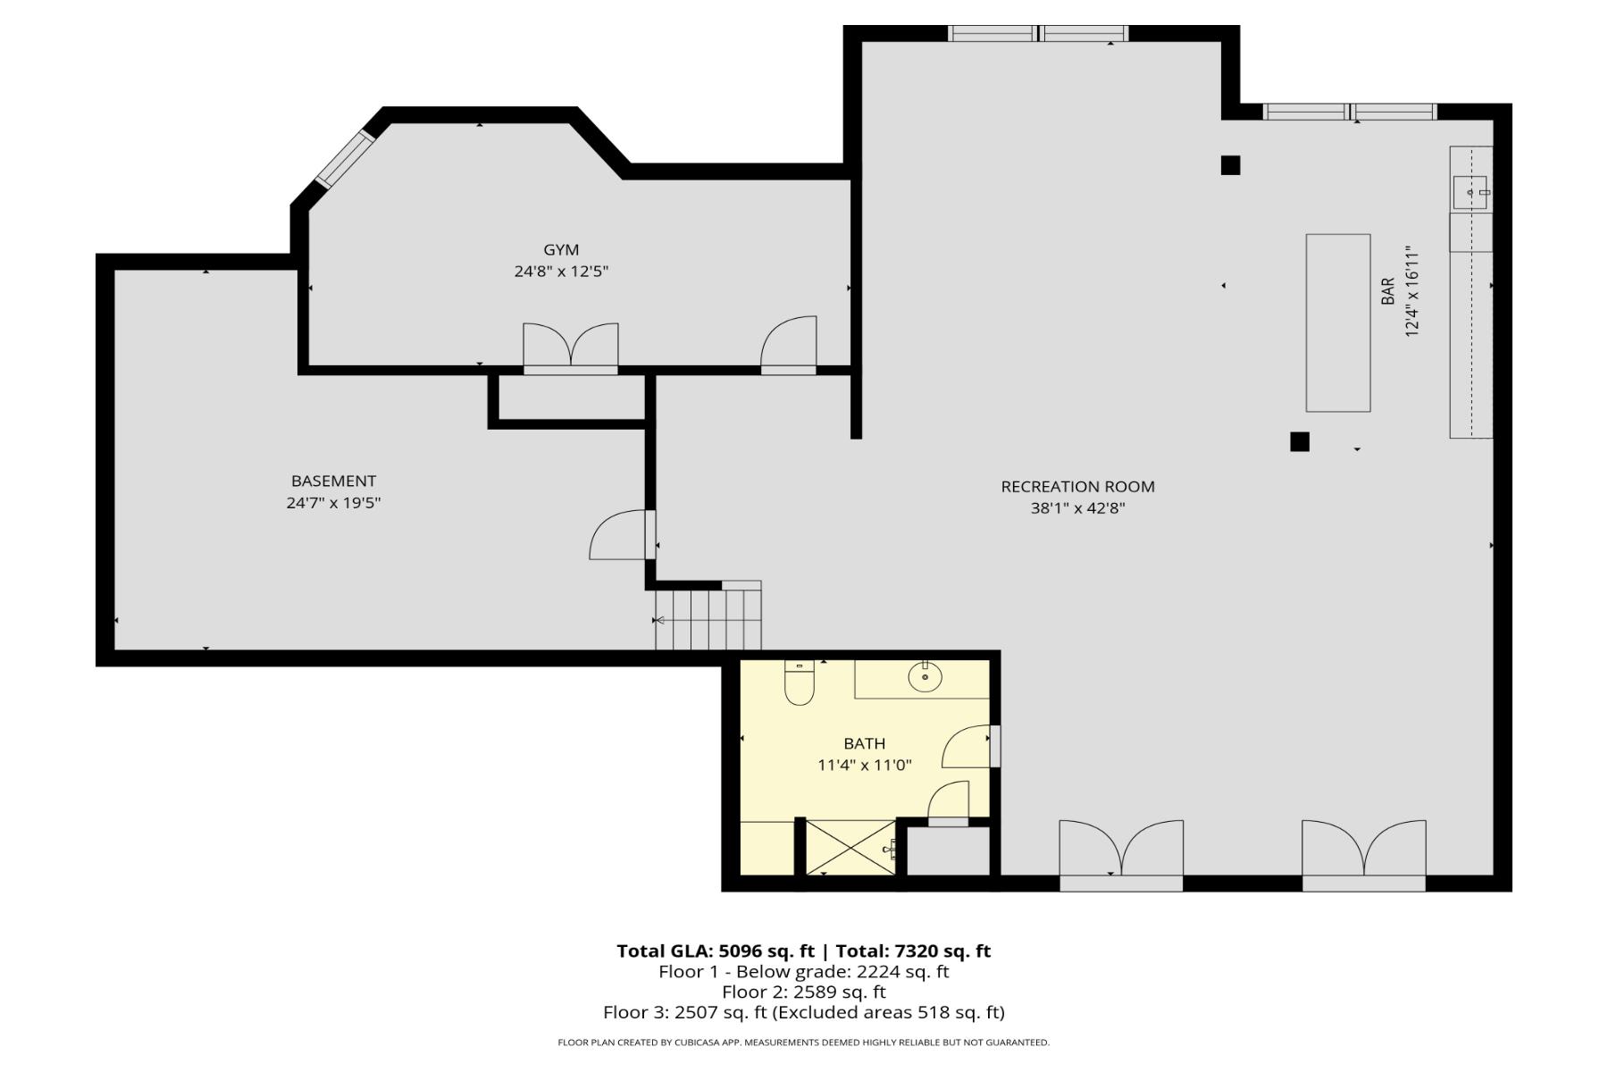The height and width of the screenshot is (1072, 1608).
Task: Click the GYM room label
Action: point(561,250)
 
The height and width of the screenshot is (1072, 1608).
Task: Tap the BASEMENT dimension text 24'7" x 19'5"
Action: point(333,503)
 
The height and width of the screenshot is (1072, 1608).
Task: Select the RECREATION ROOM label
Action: point(1077,487)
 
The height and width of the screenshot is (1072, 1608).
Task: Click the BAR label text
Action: point(1387,291)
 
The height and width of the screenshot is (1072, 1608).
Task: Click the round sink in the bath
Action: point(925,677)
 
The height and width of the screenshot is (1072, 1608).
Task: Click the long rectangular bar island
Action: point(1337,322)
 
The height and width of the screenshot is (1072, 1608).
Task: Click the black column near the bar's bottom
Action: point(1299,441)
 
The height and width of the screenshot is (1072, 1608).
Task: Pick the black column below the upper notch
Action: point(1230,165)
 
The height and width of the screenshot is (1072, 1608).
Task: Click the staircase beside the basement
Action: point(708,618)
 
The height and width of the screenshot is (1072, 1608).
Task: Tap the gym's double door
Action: point(570,348)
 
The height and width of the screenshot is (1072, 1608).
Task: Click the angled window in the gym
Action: point(345,159)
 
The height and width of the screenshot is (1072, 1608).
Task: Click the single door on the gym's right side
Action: point(789,346)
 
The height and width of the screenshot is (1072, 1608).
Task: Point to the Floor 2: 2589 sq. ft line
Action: point(803,992)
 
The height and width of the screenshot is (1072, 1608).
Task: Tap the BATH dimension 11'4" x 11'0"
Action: point(864,765)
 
